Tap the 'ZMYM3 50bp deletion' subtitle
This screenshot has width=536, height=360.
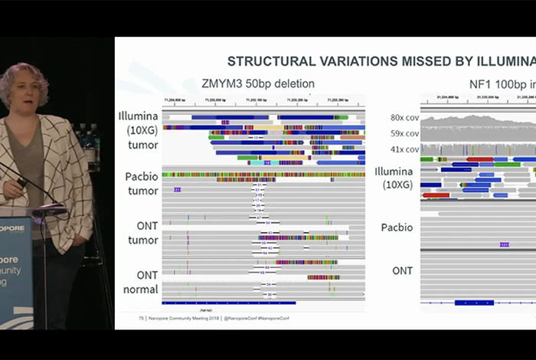(257, 83)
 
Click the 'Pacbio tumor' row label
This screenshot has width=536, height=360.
(141, 184)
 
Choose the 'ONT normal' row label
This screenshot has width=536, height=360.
(141, 282)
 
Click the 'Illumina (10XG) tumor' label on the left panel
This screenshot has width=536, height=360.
(139, 130)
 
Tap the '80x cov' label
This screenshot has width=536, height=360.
(404, 117)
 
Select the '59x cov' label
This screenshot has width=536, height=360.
(404, 133)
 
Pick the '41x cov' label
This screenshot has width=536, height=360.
(404, 149)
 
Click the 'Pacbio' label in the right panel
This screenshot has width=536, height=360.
(397, 227)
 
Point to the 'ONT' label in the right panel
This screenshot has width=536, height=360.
(402, 270)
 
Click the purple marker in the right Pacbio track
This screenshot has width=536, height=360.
(504, 244)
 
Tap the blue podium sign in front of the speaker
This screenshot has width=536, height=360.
(15, 268)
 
